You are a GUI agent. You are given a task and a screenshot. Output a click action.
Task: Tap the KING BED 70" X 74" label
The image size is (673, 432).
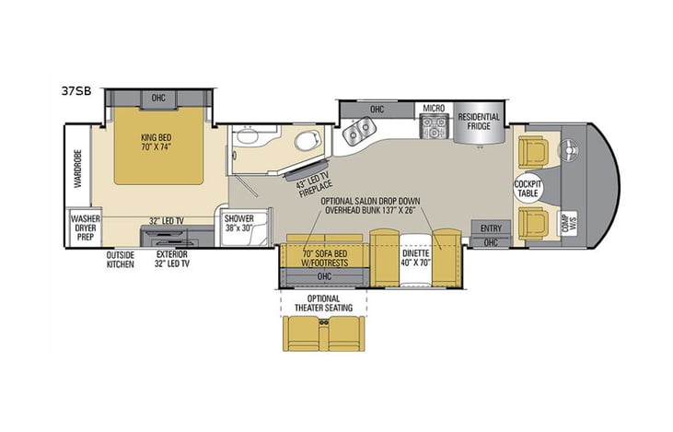pos(158,140)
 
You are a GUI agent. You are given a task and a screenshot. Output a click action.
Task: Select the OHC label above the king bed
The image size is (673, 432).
pos(159,99)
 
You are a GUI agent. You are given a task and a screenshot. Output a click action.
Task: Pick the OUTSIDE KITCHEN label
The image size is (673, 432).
pos(120,259)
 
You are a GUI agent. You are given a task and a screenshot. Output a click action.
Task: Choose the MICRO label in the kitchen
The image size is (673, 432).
pos(435,109)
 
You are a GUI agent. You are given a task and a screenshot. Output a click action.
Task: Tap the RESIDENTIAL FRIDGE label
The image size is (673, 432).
pos(480,123)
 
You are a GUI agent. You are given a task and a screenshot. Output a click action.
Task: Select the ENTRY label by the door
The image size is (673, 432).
pos(490,227)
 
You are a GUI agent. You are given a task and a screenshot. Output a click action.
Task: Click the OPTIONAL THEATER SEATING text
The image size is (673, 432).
pos(325,304)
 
